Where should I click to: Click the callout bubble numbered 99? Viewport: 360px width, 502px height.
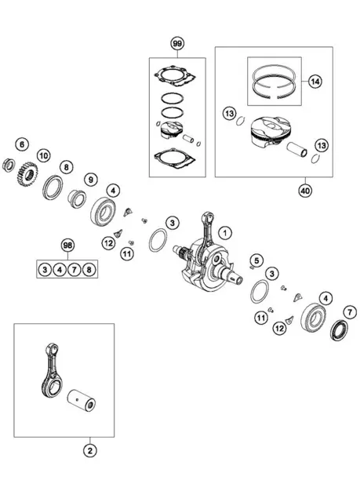177,44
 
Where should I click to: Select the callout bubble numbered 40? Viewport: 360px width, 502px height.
305,191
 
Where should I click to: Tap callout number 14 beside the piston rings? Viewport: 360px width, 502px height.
315,82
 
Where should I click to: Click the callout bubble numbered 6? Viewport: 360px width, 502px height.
22,144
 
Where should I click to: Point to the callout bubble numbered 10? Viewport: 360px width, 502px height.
43,156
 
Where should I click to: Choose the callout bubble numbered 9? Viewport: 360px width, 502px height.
91,180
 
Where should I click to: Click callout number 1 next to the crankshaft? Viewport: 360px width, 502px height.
225,233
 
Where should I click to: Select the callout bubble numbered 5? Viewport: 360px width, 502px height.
256,260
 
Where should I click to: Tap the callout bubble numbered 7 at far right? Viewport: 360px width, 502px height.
350,312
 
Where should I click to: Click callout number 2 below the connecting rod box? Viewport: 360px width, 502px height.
90,451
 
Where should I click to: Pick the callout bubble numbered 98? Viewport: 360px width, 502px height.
67,246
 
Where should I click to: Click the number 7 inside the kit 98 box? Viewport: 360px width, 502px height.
75,270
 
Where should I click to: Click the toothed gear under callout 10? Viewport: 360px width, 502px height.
27,174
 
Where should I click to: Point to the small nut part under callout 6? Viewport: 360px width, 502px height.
9,165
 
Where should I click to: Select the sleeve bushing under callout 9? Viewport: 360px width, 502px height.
77,198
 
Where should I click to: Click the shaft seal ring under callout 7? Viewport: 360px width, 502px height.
339,330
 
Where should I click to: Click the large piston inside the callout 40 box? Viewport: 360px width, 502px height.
270,131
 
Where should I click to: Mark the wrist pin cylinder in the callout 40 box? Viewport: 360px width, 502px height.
296,150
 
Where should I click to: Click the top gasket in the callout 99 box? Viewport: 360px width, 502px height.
175,76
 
